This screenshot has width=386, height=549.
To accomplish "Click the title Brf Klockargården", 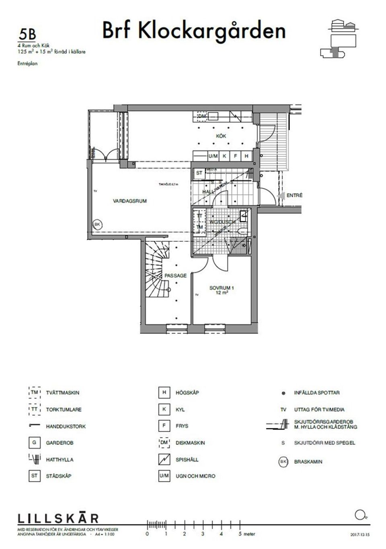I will [194, 31].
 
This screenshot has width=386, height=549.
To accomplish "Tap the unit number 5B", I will [27, 35].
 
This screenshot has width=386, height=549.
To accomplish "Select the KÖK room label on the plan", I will [221, 136].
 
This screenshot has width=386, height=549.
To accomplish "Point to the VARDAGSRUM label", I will [130, 201].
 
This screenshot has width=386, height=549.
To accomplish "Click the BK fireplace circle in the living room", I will [96, 224].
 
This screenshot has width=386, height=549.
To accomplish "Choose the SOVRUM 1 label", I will [222, 288].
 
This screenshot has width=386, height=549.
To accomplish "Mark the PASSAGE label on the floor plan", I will [175, 276].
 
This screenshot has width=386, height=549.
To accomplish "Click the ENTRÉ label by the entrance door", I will [294, 195].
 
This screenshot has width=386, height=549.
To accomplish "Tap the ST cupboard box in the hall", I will [199, 173].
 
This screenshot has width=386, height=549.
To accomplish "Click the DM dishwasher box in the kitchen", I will [202, 117].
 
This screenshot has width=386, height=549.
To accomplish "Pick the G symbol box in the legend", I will [34, 443].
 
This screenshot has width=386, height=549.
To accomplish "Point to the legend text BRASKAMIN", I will [308, 462].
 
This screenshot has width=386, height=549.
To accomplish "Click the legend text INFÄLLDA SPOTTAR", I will [316, 393].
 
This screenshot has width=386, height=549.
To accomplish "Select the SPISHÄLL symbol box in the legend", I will [164, 459].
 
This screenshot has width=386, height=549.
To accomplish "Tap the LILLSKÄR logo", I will [58, 518].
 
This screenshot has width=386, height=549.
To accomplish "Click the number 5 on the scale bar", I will [240, 534].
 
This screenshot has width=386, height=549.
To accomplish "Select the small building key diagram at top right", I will [339, 38].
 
